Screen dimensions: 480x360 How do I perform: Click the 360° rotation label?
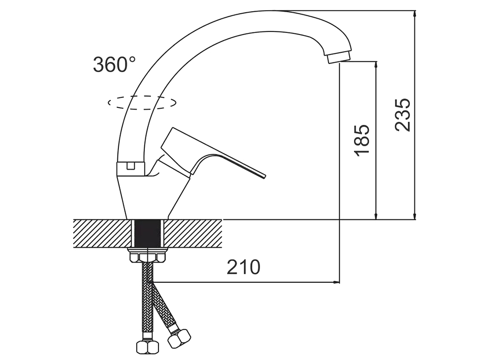(114, 64)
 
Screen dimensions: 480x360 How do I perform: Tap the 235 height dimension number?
(402, 115)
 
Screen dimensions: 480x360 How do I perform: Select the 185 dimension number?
(362, 140)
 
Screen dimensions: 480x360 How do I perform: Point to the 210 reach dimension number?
(243, 267)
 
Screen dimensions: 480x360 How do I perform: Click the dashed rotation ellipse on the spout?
(142, 103)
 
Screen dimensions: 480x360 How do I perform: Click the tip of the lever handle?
(264, 176)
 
